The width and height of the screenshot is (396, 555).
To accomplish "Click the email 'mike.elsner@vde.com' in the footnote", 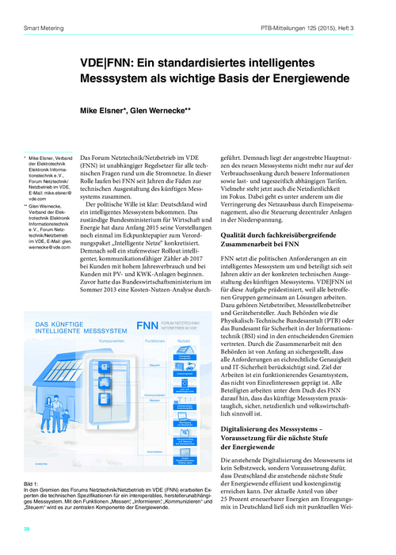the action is tap(51, 195).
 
